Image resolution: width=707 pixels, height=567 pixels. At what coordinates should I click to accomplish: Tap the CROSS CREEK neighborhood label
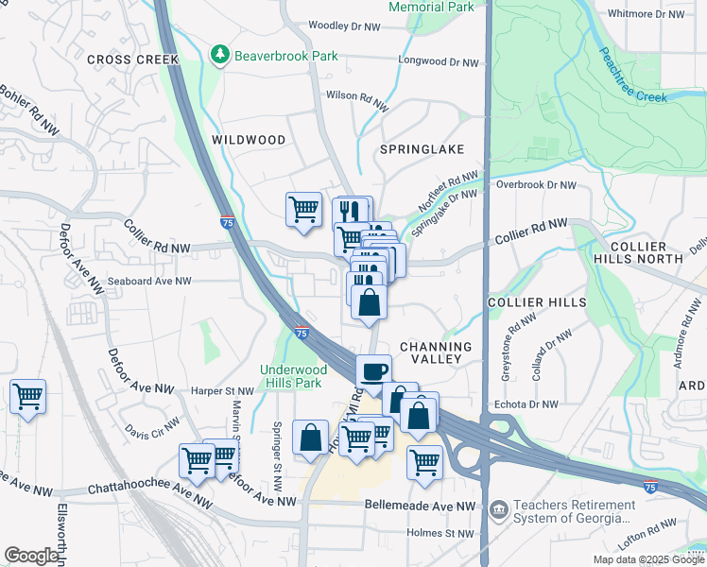coord(132,60)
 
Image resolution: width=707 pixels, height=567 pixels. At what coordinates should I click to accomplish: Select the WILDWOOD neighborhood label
coord(249,140)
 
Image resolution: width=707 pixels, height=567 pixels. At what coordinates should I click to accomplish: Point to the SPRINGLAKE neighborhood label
coord(422,149)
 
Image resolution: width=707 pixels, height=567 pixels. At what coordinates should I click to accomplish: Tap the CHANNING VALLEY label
coord(436,353)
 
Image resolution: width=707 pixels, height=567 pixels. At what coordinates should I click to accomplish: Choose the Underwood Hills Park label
coord(293,377)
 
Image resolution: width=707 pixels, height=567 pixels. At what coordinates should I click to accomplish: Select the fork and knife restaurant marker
coord(353,213)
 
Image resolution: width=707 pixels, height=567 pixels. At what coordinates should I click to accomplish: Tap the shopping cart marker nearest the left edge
coord(27,397)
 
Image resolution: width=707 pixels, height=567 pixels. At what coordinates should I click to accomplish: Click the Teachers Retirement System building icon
coord(498,511)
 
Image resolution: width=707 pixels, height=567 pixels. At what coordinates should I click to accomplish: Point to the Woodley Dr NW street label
coord(344,26)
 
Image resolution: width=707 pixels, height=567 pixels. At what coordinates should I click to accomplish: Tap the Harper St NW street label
coord(223,390)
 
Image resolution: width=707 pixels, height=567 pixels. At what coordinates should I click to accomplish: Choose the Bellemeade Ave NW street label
coord(420,507)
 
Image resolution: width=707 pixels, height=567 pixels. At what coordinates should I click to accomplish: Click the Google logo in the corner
coord(31,556)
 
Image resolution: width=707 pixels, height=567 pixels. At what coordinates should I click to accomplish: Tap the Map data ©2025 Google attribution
coord(649,559)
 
